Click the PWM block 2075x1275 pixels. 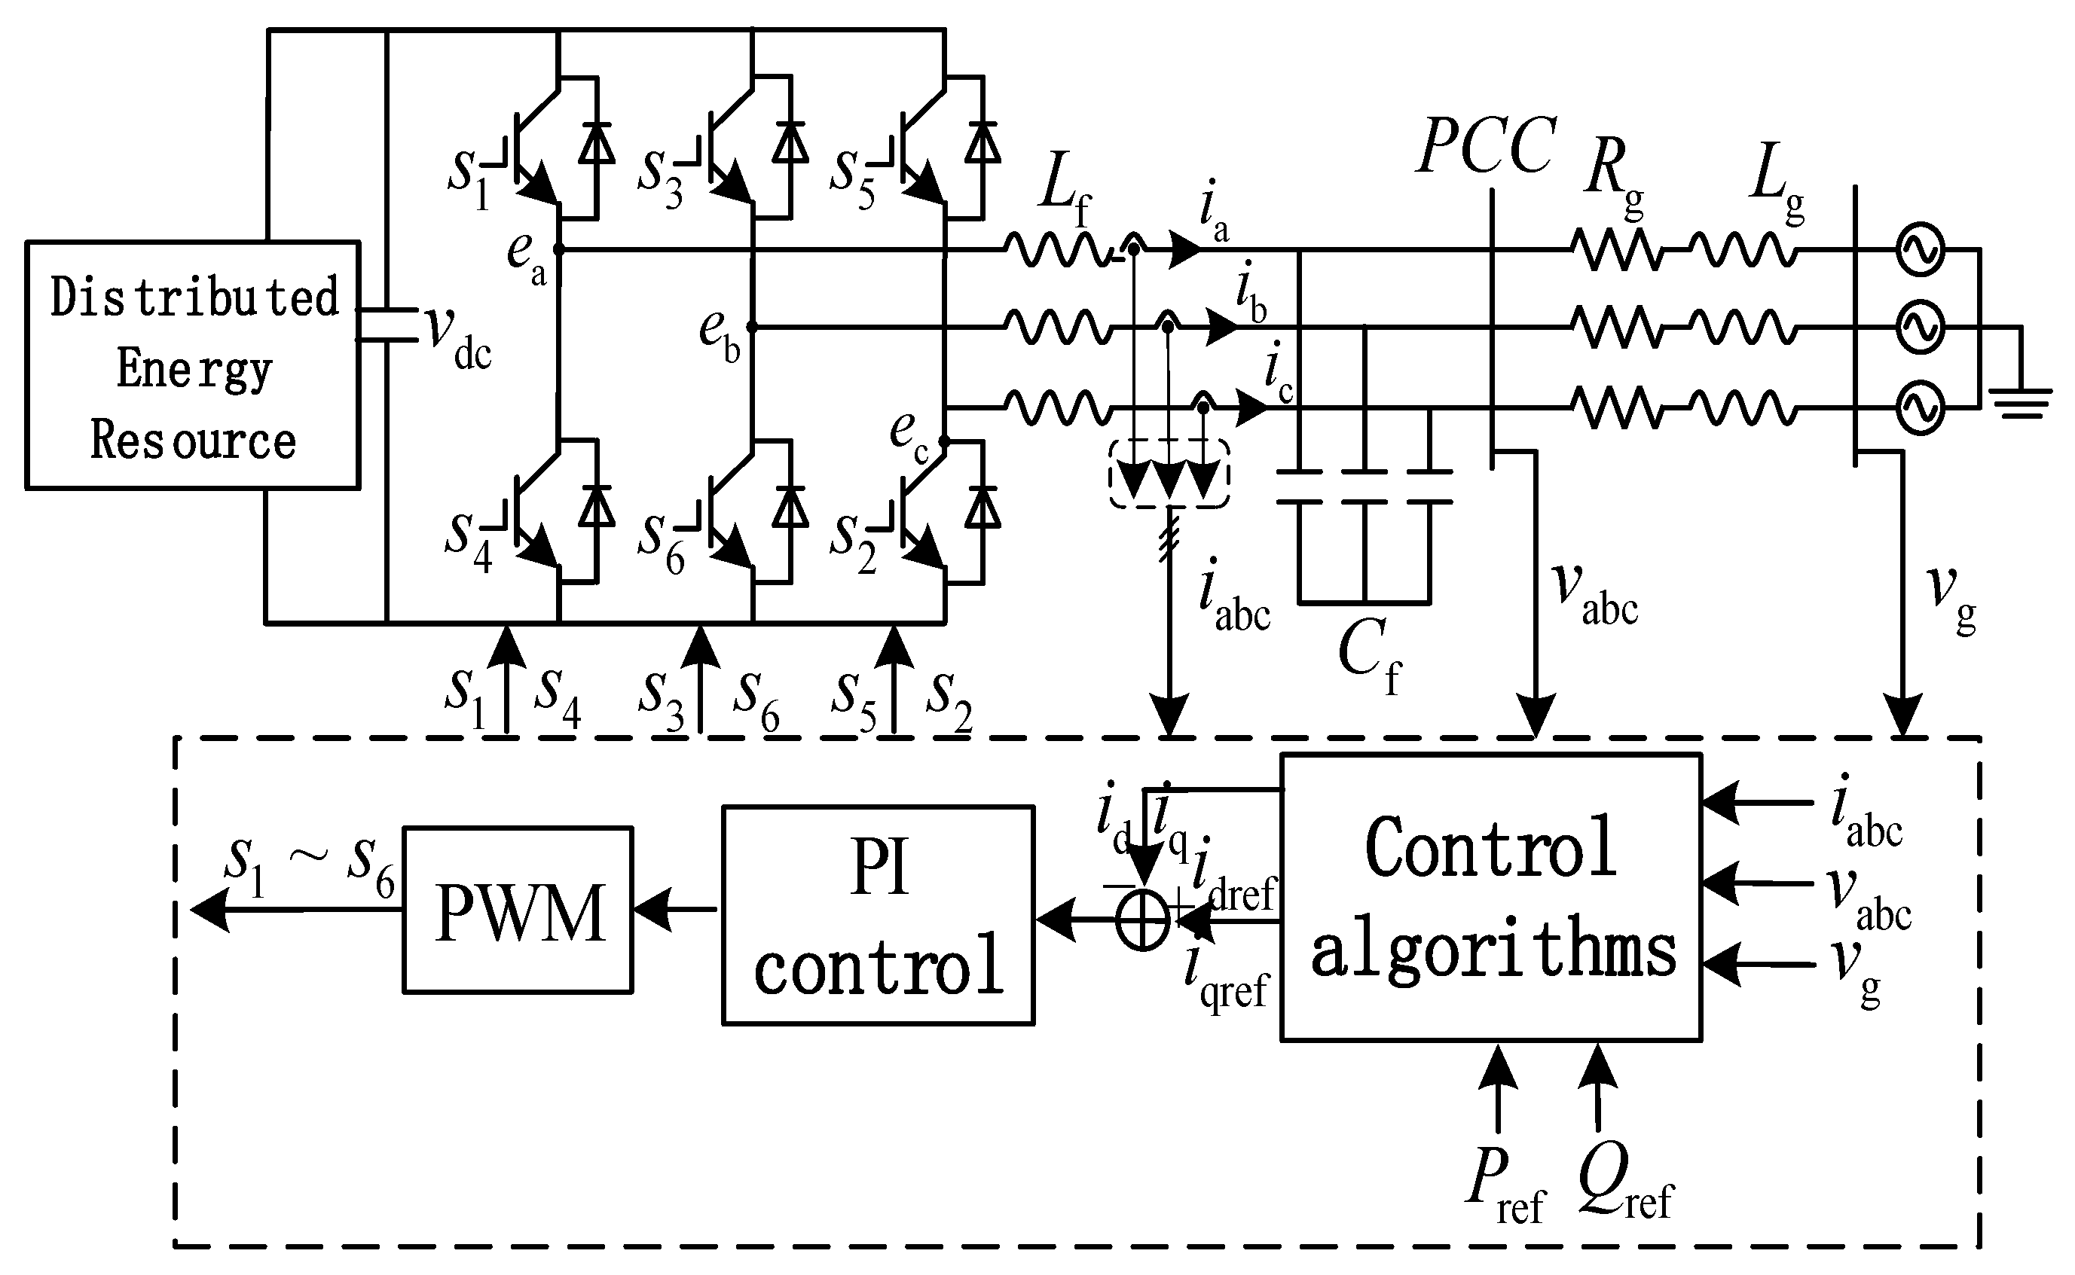(x=518, y=910)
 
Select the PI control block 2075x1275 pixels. (x=878, y=915)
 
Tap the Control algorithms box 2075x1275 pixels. (x=1490, y=897)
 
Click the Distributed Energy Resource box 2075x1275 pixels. (x=193, y=365)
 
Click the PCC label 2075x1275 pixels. (x=1487, y=147)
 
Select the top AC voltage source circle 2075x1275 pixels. (x=1921, y=249)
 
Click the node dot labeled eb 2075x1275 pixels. (x=751, y=327)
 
